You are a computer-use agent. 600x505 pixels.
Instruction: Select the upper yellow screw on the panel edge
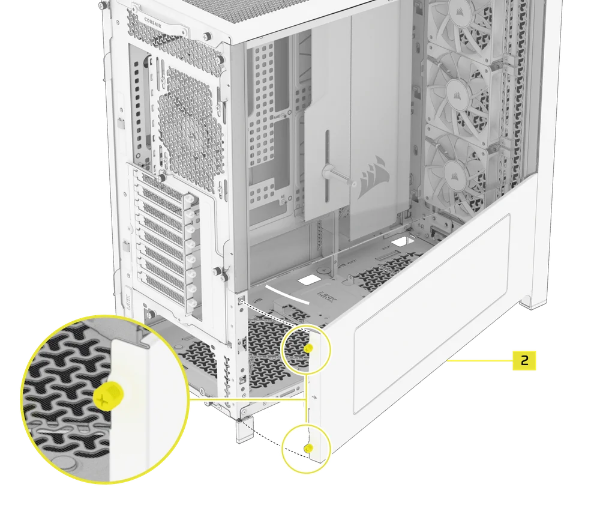point(308,348)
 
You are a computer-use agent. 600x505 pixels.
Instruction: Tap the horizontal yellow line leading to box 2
point(480,360)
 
